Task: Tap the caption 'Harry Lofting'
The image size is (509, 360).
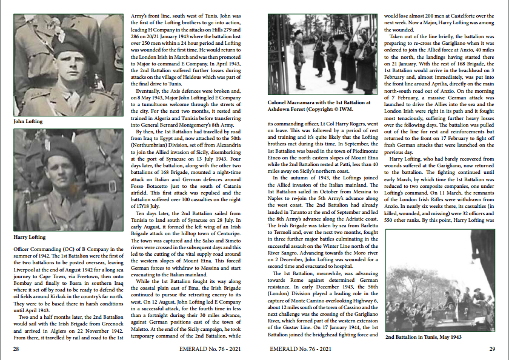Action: tap(30, 237)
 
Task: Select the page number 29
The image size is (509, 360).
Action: tap(492, 349)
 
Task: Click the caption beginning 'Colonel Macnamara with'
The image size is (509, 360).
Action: tap(318, 107)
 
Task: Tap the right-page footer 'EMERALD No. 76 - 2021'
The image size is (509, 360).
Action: tap(301, 349)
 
